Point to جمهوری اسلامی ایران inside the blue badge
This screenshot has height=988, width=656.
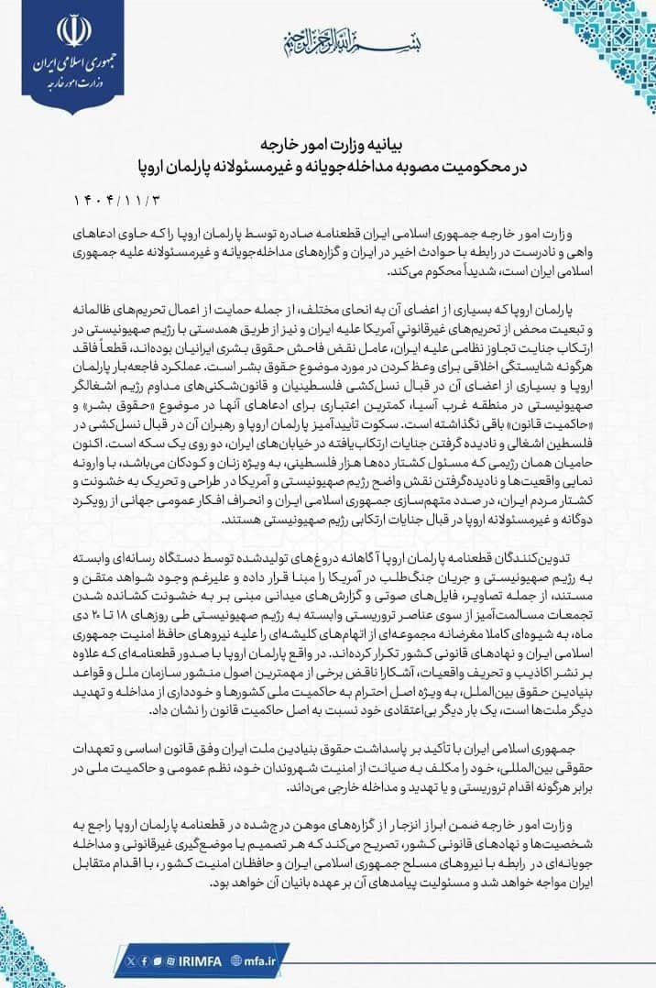coord(70,69)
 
